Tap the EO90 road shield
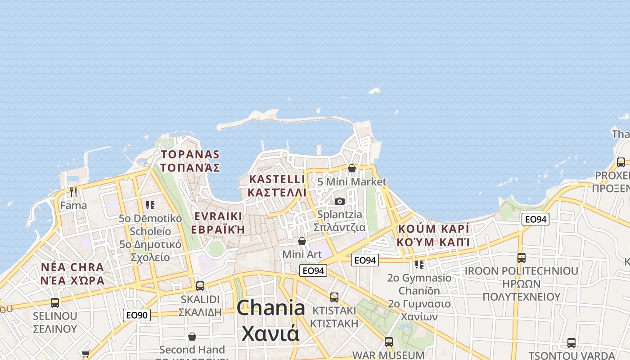[x=137, y=315]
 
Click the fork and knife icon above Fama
[x=73, y=192]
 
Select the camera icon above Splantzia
[x=340, y=201]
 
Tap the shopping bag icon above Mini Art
[x=302, y=241]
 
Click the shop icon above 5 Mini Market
[x=352, y=168]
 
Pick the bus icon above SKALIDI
[x=200, y=286]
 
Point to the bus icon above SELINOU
[x=55, y=302]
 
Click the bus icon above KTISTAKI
[x=334, y=297]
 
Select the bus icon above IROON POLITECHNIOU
[x=521, y=258]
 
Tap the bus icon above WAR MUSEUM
[x=388, y=342]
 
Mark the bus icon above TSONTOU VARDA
[x=571, y=342]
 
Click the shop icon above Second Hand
[x=192, y=337]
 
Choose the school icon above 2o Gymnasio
[x=419, y=264]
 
